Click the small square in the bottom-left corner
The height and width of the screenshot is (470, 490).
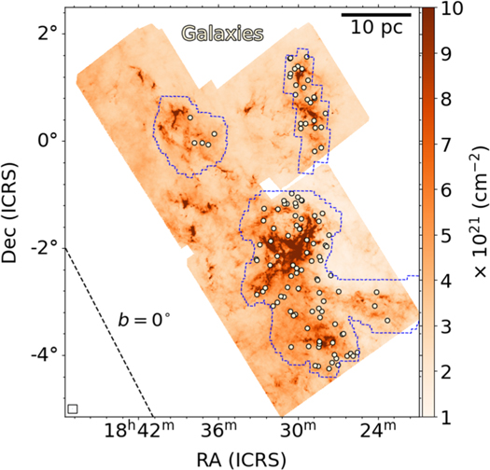coord(73,408)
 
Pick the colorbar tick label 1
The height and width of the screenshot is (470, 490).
coord(445,417)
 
